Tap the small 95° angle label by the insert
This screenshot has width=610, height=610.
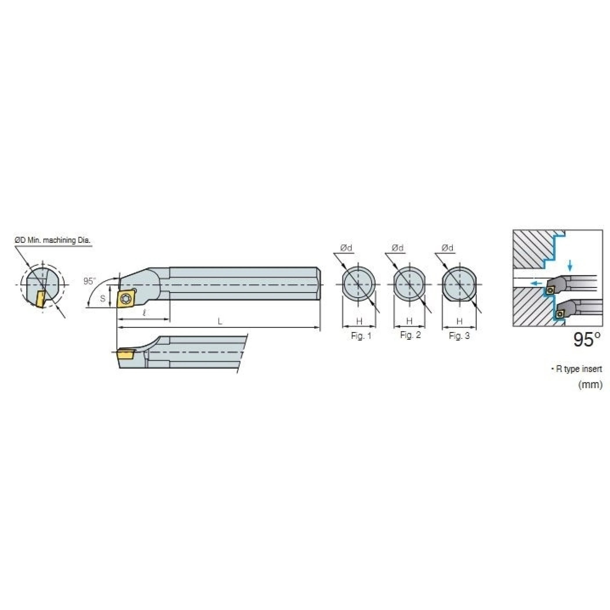tap(89, 281)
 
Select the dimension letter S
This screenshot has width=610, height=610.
tap(103, 298)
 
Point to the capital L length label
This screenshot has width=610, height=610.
tap(220, 322)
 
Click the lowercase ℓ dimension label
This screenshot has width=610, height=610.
tap(144, 313)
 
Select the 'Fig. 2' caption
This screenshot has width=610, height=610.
tap(410, 335)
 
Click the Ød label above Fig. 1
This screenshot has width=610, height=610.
tap(346, 248)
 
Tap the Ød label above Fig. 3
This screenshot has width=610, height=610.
tap(448, 248)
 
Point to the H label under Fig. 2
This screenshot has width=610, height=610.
tap(409, 321)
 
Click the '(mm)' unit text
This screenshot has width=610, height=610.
tap(590, 385)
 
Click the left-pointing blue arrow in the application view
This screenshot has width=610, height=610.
tap(536, 283)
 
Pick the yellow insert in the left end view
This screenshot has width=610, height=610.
tap(40, 299)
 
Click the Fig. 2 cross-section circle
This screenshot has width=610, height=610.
tap(409, 284)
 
